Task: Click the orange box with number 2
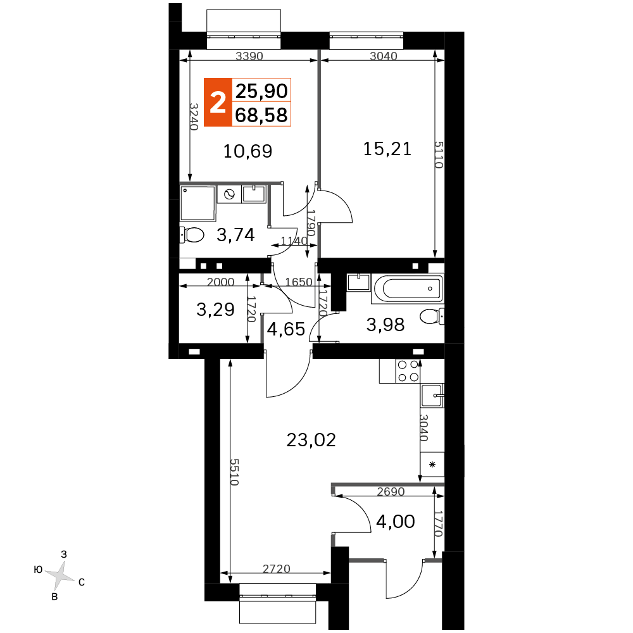[218, 102]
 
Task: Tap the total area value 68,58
[261, 115]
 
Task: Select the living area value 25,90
[261, 91]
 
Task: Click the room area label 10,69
[248, 151]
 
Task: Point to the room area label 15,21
[387, 149]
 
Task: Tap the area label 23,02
[311, 440]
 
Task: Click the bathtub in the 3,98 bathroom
[408, 288]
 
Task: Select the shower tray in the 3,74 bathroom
[197, 203]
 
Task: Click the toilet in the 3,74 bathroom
[192, 235]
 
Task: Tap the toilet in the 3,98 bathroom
[432, 316]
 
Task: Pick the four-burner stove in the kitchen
[408, 371]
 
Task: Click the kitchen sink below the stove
[432, 396]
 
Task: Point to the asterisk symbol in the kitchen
[432, 465]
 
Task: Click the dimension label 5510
[235, 472]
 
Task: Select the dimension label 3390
[249, 56]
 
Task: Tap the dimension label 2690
[391, 491]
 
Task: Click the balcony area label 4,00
[396, 522]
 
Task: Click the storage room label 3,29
[216, 310]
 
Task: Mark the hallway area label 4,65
[286, 329]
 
